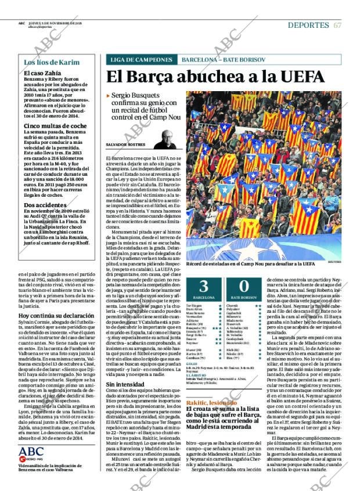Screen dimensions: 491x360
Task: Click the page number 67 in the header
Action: click(x=337, y=25)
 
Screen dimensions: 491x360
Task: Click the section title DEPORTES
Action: click(x=308, y=25)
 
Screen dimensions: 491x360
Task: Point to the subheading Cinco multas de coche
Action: click(x=55, y=125)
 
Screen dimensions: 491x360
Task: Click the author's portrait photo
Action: click(x=167, y=139)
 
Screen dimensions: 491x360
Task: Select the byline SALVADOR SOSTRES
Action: click(x=126, y=145)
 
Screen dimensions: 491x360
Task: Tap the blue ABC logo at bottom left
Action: click(x=31, y=452)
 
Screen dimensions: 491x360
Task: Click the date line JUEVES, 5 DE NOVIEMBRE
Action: click(x=55, y=23)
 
